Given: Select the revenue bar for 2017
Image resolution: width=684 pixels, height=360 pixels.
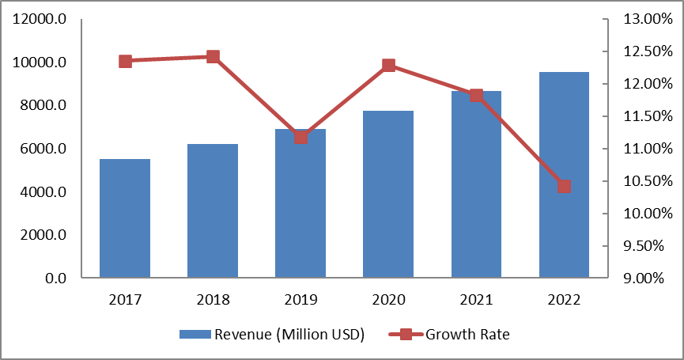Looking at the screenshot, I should pyautogui.click(x=125, y=218).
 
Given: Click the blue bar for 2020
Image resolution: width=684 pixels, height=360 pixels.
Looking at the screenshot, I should pyautogui.click(x=388, y=195).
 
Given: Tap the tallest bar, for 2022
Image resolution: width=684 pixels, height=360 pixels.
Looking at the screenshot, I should pyautogui.click(x=564, y=175).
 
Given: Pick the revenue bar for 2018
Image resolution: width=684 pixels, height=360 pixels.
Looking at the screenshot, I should pyautogui.click(x=213, y=210).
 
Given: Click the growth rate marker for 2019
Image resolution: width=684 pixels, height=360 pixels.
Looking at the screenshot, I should pyautogui.click(x=300, y=137).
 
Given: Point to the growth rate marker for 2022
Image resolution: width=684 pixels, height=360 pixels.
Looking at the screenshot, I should pyautogui.click(x=564, y=187).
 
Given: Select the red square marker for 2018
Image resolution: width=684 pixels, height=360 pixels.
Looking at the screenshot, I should pyautogui.click(x=213, y=56).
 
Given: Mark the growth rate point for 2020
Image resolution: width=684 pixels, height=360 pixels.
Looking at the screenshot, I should pyautogui.click(x=388, y=65).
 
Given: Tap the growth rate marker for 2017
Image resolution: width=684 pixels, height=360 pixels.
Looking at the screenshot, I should pyautogui.click(x=125, y=61).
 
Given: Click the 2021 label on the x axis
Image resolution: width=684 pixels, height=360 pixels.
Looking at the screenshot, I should pyautogui.click(x=476, y=300).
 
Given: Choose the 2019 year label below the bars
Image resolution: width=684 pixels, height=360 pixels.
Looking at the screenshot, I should pyautogui.click(x=300, y=300).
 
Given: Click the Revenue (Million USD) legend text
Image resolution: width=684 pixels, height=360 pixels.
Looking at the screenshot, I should pyautogui.click(x=289, y=334).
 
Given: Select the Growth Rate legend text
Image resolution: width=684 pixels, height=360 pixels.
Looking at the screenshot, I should pyautogui.click(x=468, y=334).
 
